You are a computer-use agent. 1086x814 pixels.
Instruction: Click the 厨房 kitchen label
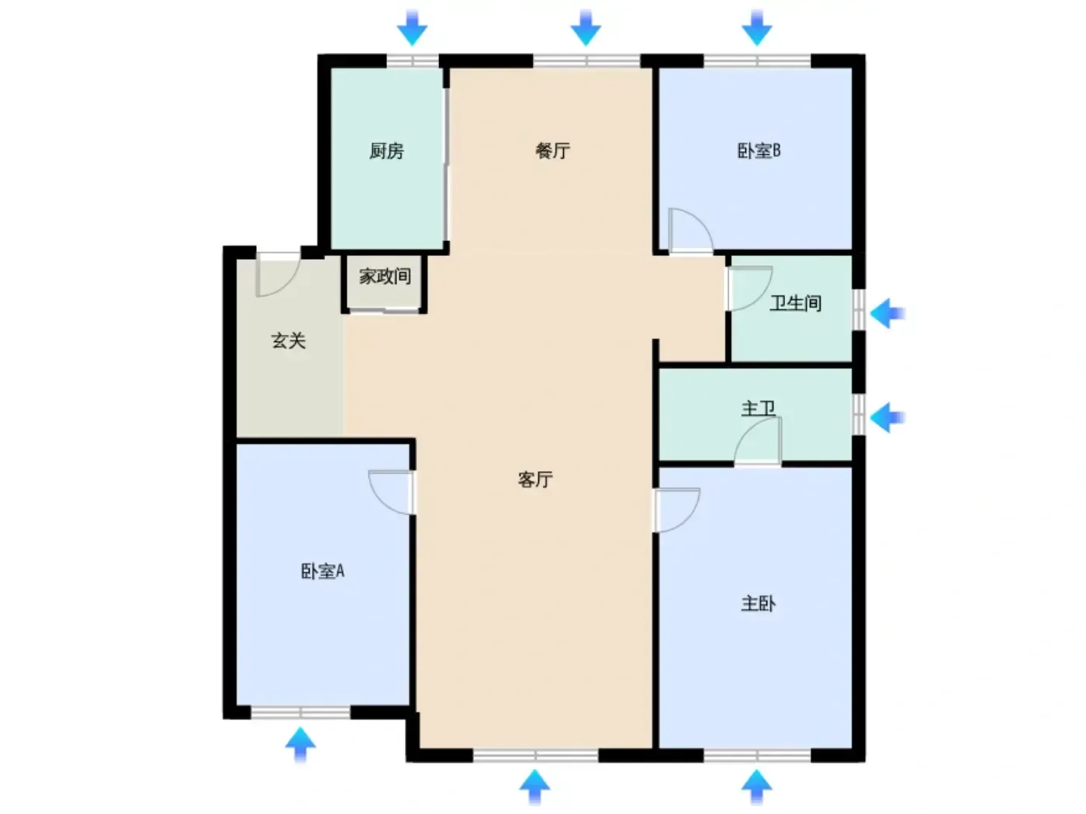(x=386, y=150)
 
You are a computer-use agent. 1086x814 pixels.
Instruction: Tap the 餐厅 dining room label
(x=552, y=150)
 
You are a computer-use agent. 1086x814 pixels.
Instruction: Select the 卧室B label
(x=759, y=150)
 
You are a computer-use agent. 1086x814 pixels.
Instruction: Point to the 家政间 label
(x=385, y=276)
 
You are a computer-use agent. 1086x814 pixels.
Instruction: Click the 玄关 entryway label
(x=289, y=340)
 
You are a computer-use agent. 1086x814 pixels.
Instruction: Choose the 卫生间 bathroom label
(x=795, y=303)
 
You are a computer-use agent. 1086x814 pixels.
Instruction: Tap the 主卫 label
(x=758, y=409)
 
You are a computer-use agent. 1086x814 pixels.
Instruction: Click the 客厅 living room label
(x=535, y=479)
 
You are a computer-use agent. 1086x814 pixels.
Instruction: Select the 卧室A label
(x=323, y=571)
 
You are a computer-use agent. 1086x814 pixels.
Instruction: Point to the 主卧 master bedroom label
(x=758, y=603)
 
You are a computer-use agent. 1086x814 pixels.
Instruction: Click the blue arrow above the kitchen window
(x=412, y=28)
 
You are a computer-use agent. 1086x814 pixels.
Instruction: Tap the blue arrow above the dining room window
(x=586, y=28)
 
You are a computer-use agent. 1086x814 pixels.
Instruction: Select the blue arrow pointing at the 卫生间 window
(x=887, y=313)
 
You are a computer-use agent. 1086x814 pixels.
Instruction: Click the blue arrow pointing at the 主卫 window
(x=887, y=418)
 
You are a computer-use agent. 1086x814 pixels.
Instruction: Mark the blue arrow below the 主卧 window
(x=756, y=787)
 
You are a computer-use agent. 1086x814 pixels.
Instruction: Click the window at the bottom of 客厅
(x=535, y=756)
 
